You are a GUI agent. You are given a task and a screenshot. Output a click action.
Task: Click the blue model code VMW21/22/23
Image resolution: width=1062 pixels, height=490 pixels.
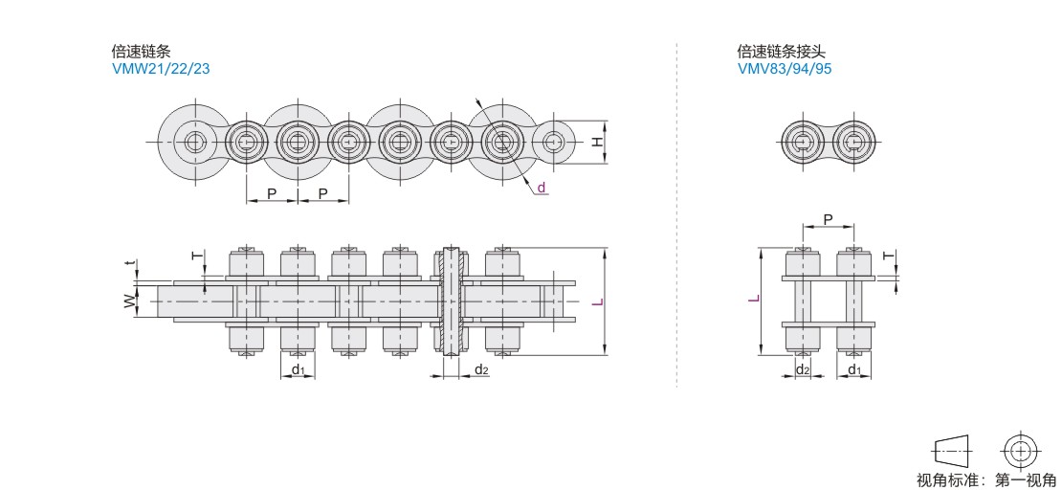coord(161,69)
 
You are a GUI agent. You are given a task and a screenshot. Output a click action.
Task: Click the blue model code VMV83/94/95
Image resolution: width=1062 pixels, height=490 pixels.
coord(785,69)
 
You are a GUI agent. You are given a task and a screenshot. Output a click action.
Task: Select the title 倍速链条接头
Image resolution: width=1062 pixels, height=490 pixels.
coord(782,51)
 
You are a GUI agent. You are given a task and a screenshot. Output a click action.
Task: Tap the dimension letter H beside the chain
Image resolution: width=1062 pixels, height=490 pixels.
coord(596,142)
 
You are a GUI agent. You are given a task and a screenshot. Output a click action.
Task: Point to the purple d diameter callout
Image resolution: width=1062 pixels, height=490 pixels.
coord(542,187)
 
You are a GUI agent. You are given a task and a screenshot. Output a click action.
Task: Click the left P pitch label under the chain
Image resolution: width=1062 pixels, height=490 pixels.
coord(272,194)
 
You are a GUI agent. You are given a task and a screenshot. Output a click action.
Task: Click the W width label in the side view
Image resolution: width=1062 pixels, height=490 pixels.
coord(129,301)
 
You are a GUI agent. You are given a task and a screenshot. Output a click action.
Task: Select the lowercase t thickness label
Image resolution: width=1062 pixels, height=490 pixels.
coord(128,263)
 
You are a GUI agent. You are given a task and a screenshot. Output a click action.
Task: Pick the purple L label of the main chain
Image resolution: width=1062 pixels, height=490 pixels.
coord(597,301)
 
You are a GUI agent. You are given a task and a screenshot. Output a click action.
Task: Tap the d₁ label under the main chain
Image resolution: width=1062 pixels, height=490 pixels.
coord(298,369)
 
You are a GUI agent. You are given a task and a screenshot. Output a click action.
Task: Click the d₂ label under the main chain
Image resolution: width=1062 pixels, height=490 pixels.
coord(481,369)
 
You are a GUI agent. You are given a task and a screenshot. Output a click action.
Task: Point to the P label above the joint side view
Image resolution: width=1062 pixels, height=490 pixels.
coord(828,219)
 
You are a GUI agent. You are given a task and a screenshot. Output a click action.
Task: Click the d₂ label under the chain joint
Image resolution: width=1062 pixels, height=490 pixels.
coord(803,369)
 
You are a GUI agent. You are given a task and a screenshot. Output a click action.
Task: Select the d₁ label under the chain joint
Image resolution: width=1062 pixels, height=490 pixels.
coord(854,369)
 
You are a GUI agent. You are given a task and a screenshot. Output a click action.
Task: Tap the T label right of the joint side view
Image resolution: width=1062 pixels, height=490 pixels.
coord(889,256)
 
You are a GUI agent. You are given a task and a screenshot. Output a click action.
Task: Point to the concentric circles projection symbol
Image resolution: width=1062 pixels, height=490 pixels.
coord(1019,451)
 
